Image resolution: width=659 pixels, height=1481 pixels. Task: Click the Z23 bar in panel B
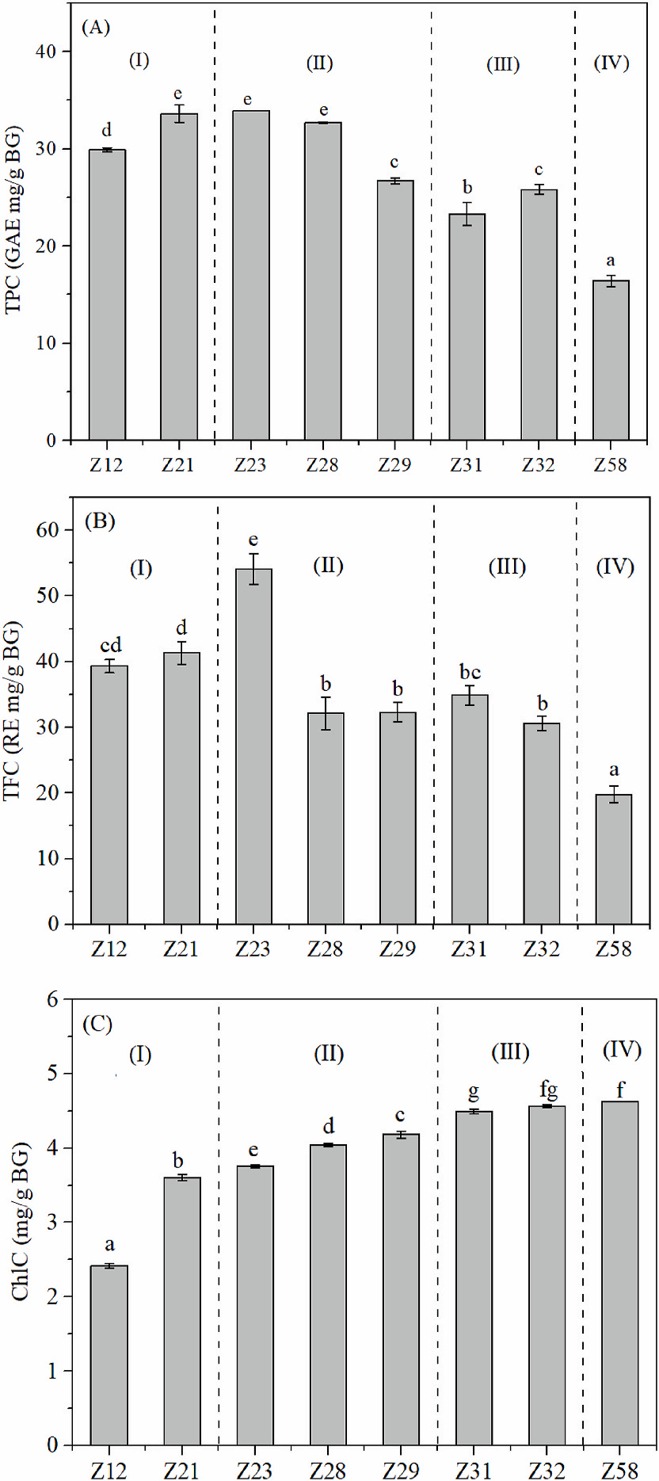253,745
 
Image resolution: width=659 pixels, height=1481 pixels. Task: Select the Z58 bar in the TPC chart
611,361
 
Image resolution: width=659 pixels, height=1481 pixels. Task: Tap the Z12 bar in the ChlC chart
109,1355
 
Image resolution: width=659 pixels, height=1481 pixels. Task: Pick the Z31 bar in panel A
467,326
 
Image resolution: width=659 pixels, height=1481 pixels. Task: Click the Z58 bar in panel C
619,1273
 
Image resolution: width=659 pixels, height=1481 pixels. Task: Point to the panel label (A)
96,28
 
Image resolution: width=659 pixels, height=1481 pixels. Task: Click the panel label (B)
100,521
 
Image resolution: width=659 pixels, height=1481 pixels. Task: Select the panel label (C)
98,1024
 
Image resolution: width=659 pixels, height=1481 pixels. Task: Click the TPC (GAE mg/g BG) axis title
13,219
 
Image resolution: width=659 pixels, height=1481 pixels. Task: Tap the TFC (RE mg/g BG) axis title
12,710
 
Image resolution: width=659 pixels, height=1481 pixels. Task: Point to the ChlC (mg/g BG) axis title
20,1221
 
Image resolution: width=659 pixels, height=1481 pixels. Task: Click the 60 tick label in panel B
48,530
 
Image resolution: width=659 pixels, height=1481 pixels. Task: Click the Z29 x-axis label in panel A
394,464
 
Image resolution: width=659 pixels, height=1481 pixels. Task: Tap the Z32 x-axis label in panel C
547,1471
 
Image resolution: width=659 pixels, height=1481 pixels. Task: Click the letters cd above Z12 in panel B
111,645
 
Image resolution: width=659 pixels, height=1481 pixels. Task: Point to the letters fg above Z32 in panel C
548,1090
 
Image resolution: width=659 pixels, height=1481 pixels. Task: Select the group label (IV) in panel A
611,63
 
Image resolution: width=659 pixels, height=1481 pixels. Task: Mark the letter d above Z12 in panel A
107,131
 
